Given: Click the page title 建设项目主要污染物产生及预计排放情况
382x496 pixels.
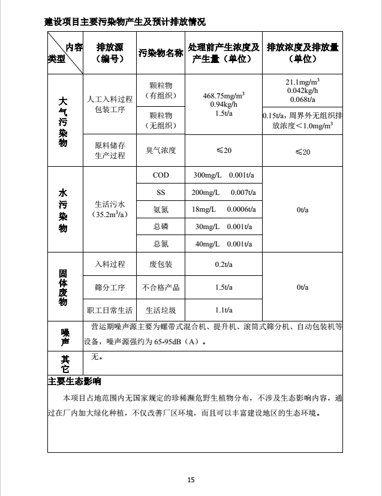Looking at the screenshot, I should pyautogui.click(x=125, y=22).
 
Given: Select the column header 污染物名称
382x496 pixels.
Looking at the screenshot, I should pyautogui.click(x=160, y=53).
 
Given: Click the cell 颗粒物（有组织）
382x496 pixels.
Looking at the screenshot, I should pyautogui.click(x=160, y=91).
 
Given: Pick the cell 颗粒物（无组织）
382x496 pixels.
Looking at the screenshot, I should pyautogui.click(x=160, y=120).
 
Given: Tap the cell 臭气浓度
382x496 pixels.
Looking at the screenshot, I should pyautogui.click(x=160, y=150).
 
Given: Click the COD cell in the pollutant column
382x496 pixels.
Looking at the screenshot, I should pyautogui.click(x=160, y=175).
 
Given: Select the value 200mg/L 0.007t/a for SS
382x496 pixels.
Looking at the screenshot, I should pyautogui.click(x=224, y=193).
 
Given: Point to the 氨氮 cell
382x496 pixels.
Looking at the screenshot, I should pyautogui.click(x=160, y=209).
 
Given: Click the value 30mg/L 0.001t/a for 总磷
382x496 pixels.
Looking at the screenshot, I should pyautogui.click(x=224, y=226).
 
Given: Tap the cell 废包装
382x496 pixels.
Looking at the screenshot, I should pyautogui.click(x=160, y=264).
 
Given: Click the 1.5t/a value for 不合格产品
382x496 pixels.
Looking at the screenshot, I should pyautogui.click(x=224, y=287).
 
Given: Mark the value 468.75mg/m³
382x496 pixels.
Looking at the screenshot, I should pyautogui.click(x=224, y=95).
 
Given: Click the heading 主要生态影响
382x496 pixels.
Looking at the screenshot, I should pyautogui.click(x=74, y=381).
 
